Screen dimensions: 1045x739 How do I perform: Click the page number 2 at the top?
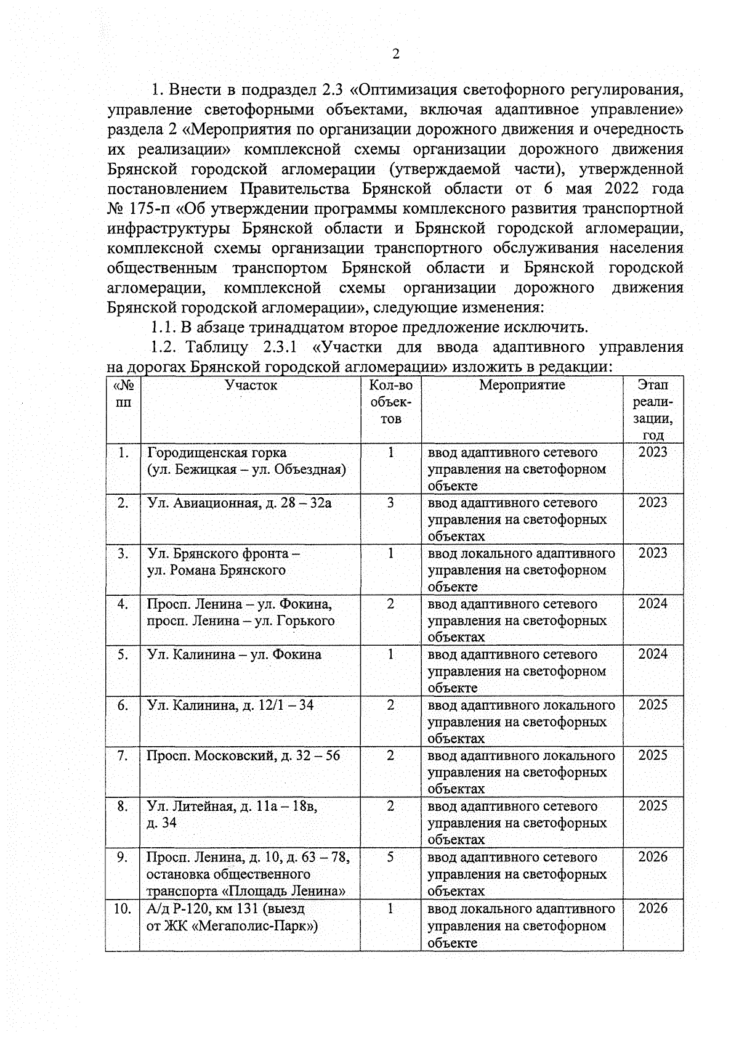pyautogui.click(x=396, y=54)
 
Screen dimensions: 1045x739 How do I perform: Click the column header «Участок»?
pyautogui.click(x=251, y=385)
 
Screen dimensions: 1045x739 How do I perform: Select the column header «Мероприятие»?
pyautogui.click(x=522, y=385)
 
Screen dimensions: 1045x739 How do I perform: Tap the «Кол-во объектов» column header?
pyautogui.click(x=390, y=402)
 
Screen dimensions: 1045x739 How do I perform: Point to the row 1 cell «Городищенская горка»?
pyautogui.click(x=217, y=453)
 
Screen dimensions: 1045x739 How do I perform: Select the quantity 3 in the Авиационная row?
pyautogui.click(x=390, y=503)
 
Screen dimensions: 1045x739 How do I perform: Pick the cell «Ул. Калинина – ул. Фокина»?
pyautogui.click(x=234, y=654)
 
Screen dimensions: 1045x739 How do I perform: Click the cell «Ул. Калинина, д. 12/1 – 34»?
pyautogui.click(x=230, y=705)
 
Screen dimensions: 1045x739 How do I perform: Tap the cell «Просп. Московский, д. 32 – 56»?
pyautogui.click(x=243, y=755)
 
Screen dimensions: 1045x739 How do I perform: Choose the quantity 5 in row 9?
pyautogui.click(x=390, y=857)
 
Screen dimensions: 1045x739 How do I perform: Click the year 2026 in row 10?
pyautogui.click(x=653, y=908)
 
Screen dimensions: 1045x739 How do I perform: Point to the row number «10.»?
pyautogui.click(x=122, y=909)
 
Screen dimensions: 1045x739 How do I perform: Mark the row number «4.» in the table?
pyautogui.click(x=123, y=604)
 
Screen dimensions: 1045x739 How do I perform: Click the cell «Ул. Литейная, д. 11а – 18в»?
pyautogui.click(x=232, y=806)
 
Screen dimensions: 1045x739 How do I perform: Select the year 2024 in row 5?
pyautogui.click(x=653, y=654)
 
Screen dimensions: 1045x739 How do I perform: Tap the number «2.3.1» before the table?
pyautogui.click(x=280, y=347)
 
